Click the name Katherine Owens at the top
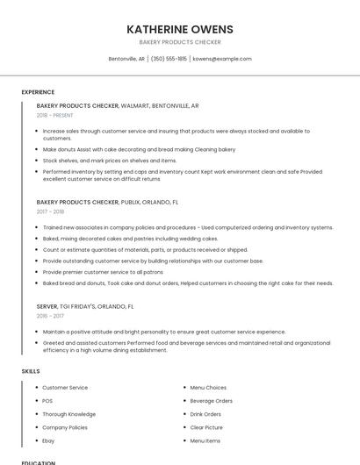179,29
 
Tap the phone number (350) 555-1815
169,59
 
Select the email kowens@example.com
222,59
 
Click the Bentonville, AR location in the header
126,59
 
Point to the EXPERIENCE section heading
38,92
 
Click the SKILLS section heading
31,371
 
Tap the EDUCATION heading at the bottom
39,462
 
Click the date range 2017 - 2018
50,211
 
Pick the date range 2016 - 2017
50,316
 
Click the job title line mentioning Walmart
118,105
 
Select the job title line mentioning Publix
107,202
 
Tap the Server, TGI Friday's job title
85,307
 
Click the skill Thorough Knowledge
68,414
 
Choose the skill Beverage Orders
211,401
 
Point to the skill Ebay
48,440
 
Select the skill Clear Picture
206,427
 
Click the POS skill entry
47,401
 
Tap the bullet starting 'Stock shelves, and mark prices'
109,161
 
